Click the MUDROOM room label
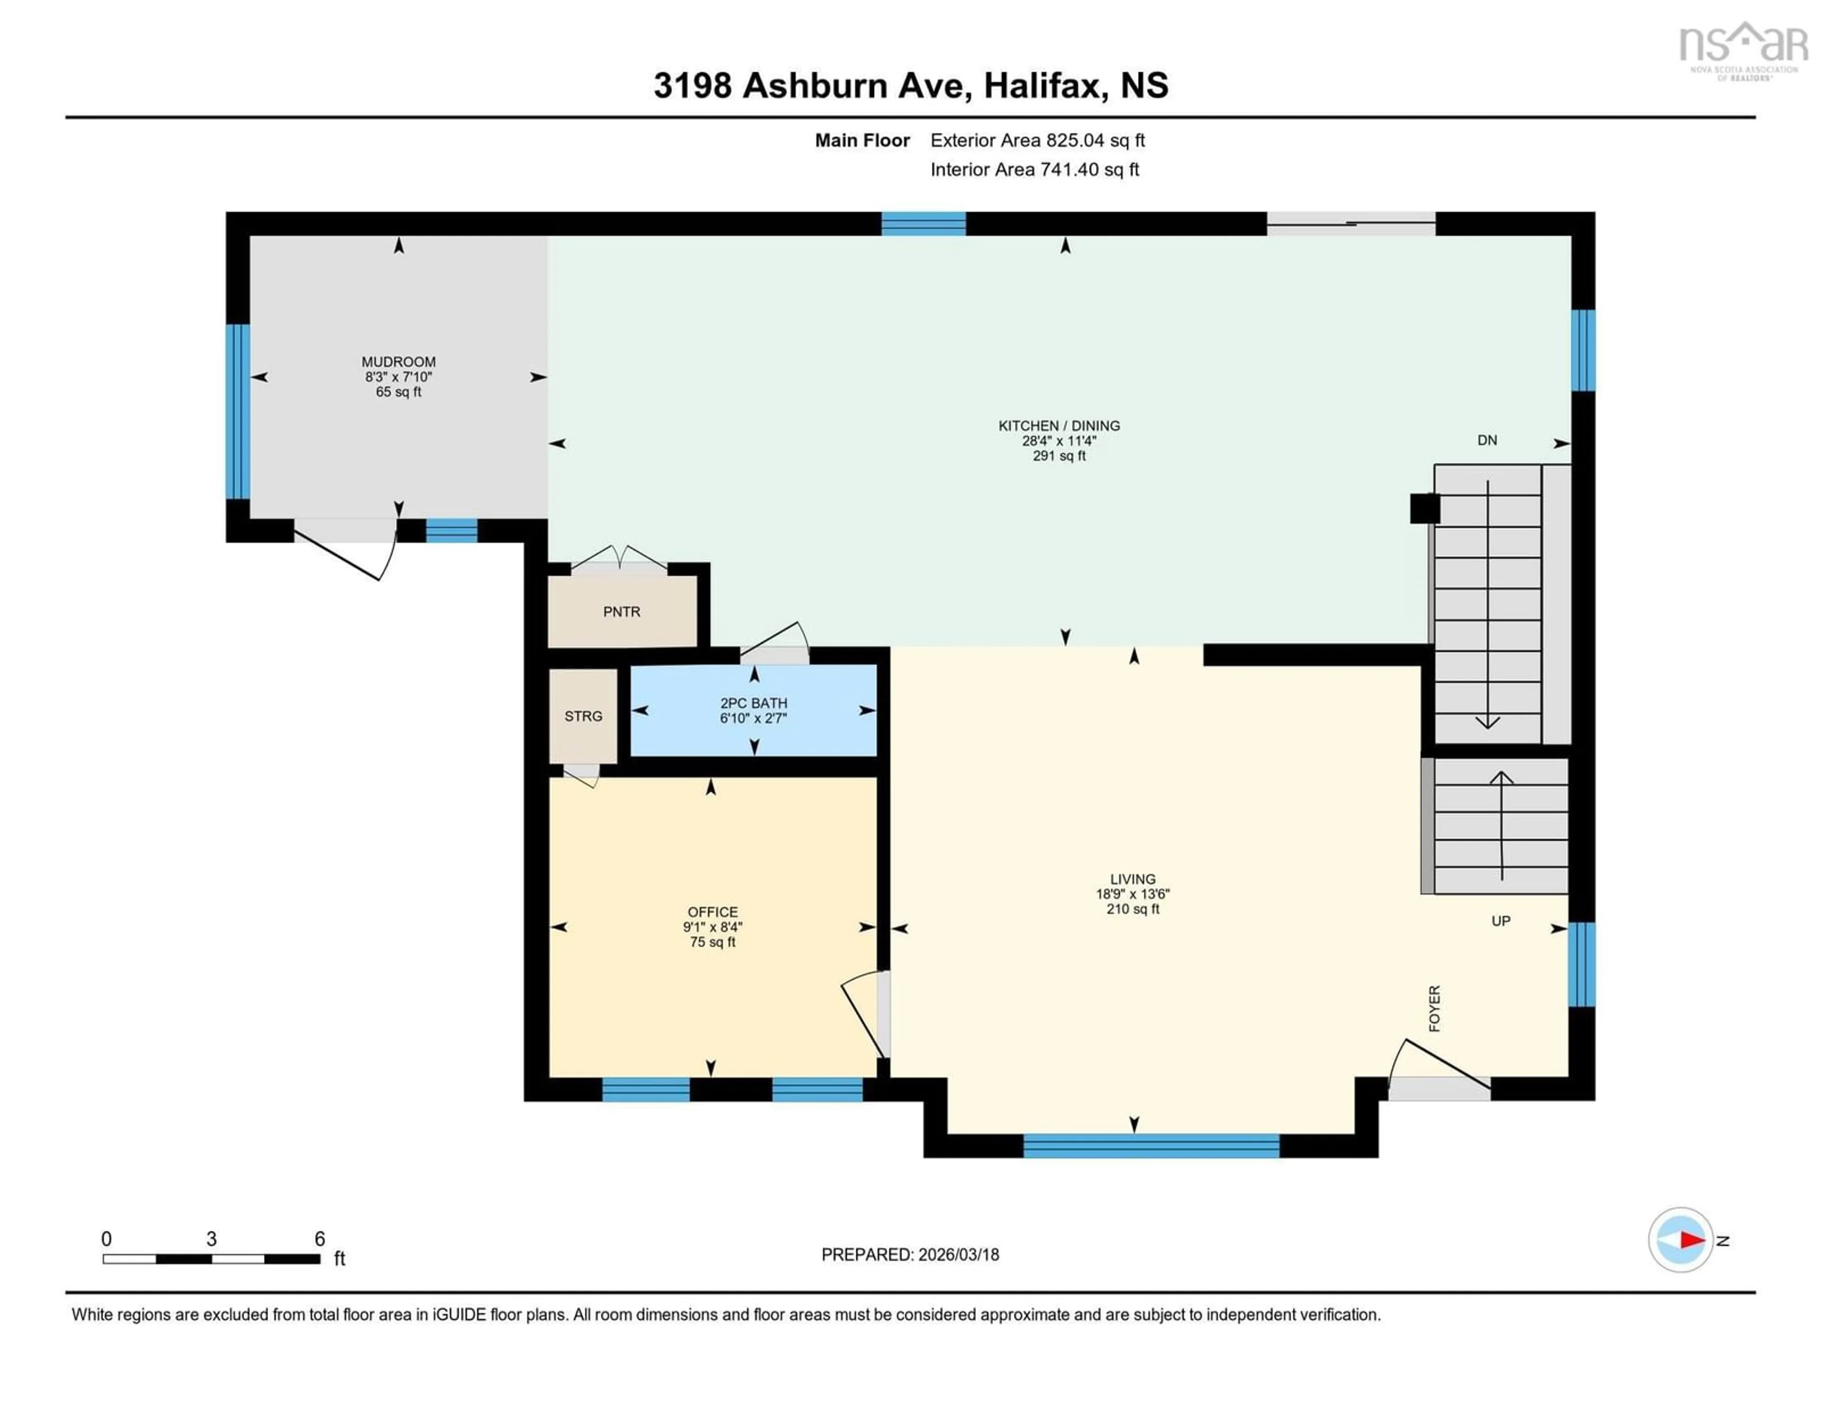398,362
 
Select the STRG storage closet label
583,716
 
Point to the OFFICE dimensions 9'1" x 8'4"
712,927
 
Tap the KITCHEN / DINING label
1059,426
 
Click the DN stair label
1487,440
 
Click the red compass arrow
1692,1240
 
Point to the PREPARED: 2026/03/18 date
910,1254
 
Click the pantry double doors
619,557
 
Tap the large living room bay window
1150,1146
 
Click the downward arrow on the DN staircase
1488,721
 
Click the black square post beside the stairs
1424,508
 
